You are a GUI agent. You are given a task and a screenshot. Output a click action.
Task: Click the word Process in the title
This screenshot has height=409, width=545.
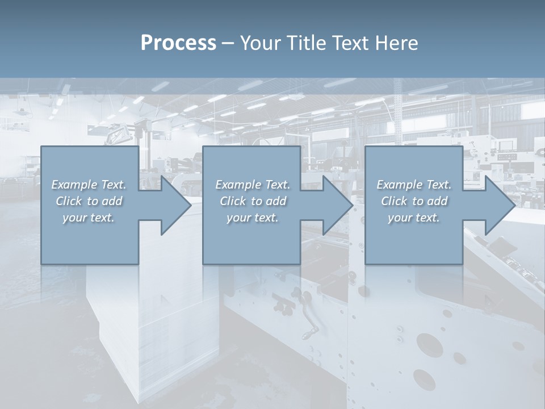pyautogui.click(x=178, y=43)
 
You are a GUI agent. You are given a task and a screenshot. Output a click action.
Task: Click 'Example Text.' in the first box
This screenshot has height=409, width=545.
pyautogui.click(x=89, y=185)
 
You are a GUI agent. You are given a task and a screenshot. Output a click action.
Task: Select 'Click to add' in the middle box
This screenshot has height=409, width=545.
pyautogui.click(x=253, y=201)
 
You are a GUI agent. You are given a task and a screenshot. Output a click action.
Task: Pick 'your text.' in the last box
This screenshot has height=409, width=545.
pyautogui.click(x=414, y=218)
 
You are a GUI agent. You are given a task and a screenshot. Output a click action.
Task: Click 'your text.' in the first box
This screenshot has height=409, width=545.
pyautogui.click(x=89, y=218)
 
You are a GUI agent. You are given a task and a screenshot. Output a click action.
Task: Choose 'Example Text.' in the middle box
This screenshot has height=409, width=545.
pyautogui.click(x=253, y=185)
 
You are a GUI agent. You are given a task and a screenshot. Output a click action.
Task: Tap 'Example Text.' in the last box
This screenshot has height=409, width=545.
pyautogui.click(x=414, y=185)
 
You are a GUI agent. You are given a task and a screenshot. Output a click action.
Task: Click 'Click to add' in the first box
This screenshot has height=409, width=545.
pyautogui.click(x=89, y=201)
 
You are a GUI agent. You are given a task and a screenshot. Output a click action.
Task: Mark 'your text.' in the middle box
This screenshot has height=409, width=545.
pyautogui.click(x=253, y=218)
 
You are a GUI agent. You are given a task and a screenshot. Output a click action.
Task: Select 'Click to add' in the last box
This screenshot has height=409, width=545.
pyautogui.click(x=414, y=201)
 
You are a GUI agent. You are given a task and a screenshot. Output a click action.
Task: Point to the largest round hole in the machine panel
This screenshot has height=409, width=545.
pyautogui.click(x=427, y=344)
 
